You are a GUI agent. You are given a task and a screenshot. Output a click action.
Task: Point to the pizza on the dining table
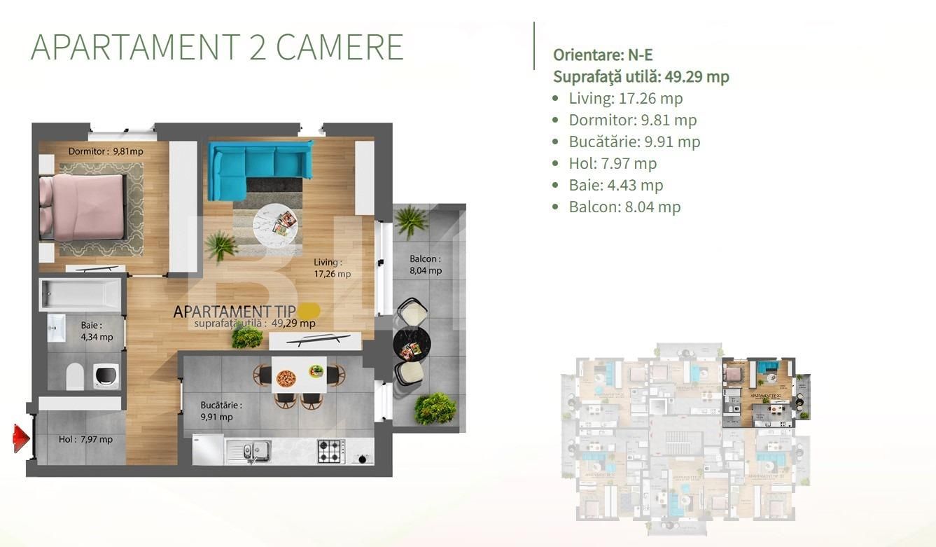tap(286, 379)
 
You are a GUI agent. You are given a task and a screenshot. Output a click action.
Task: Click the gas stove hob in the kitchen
tap(331, 451)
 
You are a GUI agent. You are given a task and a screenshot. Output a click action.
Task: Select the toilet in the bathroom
tap(76, 376)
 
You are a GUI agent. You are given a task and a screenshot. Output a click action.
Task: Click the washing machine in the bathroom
tap(105, 375)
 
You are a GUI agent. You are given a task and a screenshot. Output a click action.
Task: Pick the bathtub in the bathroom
tap(81, 295)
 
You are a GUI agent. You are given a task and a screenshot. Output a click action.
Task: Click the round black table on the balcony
tap(411, 344)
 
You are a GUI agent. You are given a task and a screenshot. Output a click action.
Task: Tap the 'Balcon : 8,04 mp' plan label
tap(426, 265)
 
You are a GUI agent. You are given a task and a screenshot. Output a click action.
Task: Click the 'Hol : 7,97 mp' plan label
tap(85, 440)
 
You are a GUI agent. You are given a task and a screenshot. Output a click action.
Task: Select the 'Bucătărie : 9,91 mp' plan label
tap(221, 411)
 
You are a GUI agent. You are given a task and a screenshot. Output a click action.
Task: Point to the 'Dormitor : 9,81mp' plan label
tap(106, 151)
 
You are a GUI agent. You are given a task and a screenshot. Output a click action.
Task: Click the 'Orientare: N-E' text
tap(603, 55)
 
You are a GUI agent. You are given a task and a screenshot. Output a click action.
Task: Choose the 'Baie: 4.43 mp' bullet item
tap(615, 185)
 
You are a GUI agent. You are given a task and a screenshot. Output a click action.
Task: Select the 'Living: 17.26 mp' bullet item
tap(625, 98)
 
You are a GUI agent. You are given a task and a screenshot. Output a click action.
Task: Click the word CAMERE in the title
tap(340, 48)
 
